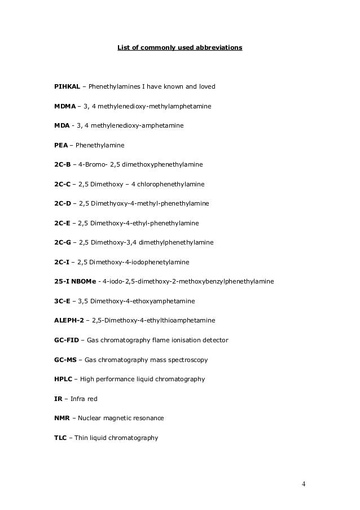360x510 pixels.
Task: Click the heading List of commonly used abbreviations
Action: point(179,48)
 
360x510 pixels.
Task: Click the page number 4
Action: point(304,484)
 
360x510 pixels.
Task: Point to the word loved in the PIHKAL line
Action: point(206,87)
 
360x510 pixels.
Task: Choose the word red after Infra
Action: point(92,399)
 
